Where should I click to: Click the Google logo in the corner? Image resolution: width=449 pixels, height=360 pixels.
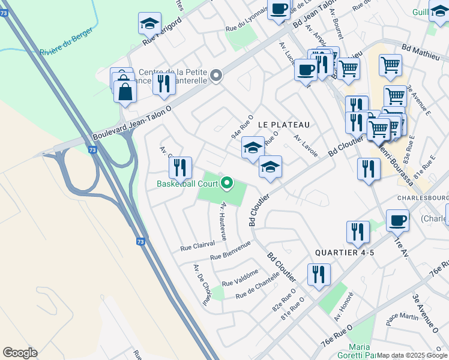point(20,353)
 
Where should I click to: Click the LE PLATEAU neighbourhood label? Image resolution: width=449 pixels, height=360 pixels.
point(284,124)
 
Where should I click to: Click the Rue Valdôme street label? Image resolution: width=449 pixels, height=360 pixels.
point(240,278)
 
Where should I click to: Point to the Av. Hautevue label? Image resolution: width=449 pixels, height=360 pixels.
point(223,221)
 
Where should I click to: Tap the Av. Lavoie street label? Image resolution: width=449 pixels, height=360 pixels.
point(305,142)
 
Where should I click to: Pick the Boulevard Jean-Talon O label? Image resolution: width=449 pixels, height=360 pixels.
point(132,125)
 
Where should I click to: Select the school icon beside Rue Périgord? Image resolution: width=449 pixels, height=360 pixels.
point(149,24)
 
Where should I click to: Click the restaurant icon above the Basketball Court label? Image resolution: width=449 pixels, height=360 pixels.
point(180,168)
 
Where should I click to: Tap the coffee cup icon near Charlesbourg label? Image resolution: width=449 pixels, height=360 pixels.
point(397,221)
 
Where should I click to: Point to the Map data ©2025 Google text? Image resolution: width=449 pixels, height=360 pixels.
point(412,355)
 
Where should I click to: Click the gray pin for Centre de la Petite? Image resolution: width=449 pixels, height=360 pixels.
point(216,76)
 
